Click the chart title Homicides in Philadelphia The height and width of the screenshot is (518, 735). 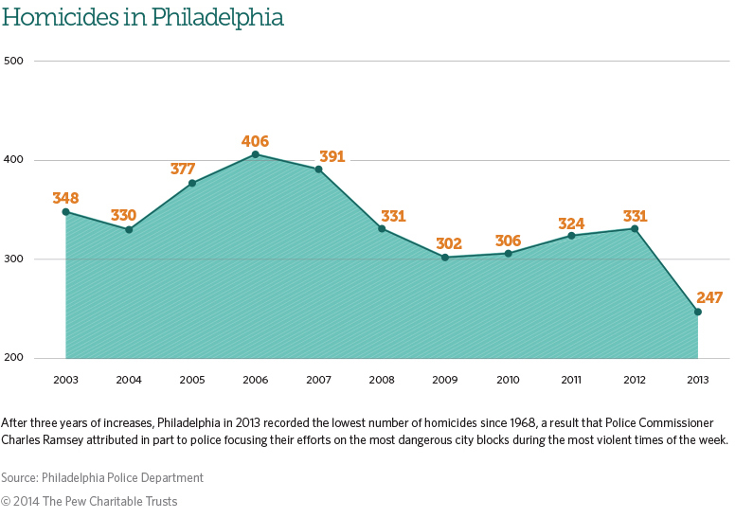pos(142,18)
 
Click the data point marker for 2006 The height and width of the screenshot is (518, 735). pos(255,154)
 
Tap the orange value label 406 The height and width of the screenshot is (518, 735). pos(255,141)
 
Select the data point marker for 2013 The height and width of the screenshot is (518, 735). pos(698,312)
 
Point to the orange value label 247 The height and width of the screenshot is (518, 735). pos(708,297)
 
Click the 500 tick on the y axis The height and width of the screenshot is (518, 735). pos(14,61)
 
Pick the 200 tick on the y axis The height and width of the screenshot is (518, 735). pos(14,358)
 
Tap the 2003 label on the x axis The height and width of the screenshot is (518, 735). pos(65,380)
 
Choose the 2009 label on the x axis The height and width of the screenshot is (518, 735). pos(444,380)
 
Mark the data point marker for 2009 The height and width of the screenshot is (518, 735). pos(444,258)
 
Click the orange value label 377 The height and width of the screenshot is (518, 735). pos(183,169)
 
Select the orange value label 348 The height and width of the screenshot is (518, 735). pos(65,198)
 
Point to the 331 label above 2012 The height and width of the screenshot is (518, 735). pos(634,216)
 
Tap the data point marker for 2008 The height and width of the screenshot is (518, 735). pos(382,228)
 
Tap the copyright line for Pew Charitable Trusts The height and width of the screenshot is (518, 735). pos(89,501)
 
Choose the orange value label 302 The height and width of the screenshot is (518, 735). pos(449,243)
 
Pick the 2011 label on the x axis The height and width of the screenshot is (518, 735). pos(571,380)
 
